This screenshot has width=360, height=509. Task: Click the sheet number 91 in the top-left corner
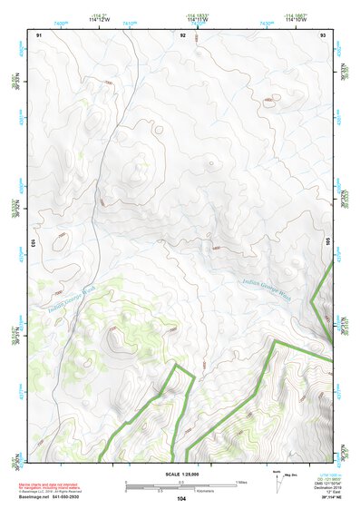(39, 34)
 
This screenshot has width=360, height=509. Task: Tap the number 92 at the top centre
(183, 34)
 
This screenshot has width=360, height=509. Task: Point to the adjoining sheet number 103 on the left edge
(34, 243)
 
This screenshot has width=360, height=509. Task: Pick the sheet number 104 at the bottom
(181, 499)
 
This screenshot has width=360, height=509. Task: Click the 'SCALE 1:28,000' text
(180, 475)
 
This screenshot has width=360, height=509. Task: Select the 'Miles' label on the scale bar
(241, 481)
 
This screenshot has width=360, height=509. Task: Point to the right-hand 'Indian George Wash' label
(266, 288)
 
